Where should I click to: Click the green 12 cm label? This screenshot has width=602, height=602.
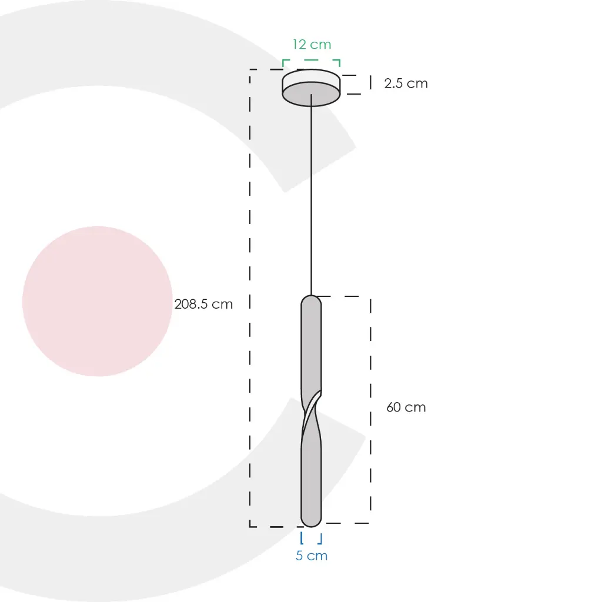(x=312, y=45)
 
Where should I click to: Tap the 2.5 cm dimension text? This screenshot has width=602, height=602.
(x=406, y=83)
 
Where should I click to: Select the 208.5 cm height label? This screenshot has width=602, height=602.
(x=203, y=304)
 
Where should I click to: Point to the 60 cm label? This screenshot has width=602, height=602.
(x=406, y=407)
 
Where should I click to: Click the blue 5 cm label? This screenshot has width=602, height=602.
(x=312, y=556)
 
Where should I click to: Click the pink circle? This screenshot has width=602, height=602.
(x=98, y=302)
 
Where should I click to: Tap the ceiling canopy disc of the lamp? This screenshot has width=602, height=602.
(x=312, y=88)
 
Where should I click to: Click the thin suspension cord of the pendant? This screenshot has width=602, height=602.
(x=312, y=195)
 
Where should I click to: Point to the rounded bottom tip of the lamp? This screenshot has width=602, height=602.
(x=312, y=522)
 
